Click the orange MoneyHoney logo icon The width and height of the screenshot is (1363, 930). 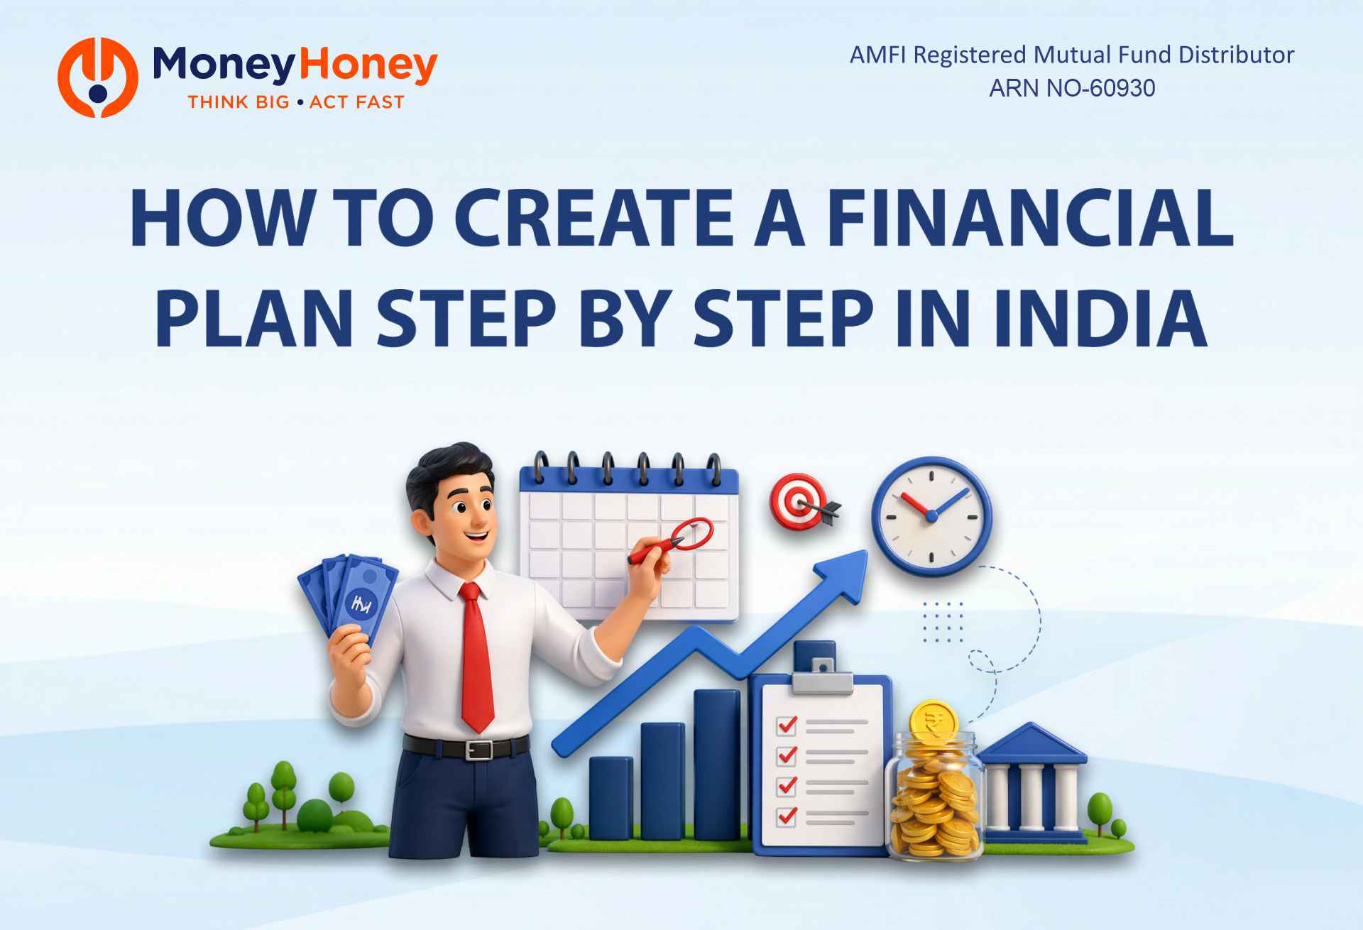click(x=98, y=77)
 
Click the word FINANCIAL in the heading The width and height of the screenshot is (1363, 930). click(x=1030, y=219)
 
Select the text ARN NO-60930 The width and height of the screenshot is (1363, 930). click(x=1072, y=88)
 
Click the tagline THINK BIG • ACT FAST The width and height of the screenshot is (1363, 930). click(x=296, y=102)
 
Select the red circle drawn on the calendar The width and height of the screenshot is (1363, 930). click(x=692, y=533)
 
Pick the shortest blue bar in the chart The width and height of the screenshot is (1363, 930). click(x=611, y=798)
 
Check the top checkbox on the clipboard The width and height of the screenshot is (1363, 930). click(x=787, y=725)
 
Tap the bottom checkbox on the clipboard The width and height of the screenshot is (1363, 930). click(x=787, y=816)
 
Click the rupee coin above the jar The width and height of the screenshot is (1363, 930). click(x=934, y=721)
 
